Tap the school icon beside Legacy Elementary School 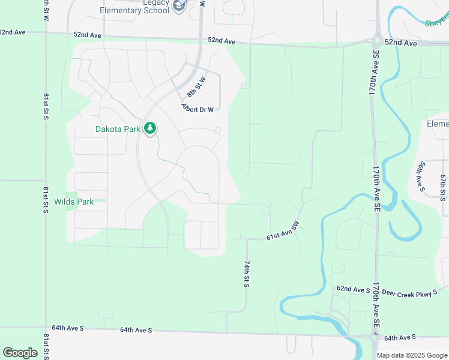click(178, 6)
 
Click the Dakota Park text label click(118, 129)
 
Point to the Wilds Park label click(74, 202)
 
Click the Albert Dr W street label click(197, 107)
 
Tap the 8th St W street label click(196, 87)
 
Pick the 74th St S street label click(247, 274)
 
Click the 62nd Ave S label click(353, 290)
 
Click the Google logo click(20, 352)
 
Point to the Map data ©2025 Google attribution click(412, 355)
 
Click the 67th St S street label click(443, 187)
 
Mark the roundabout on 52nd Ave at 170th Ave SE click(376, 41)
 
